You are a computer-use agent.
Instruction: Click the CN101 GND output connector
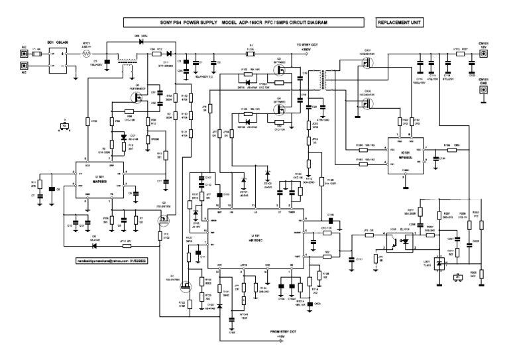point(484,94)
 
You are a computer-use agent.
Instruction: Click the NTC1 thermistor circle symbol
point(85,58)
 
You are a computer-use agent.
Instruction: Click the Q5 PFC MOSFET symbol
point(139,97)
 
